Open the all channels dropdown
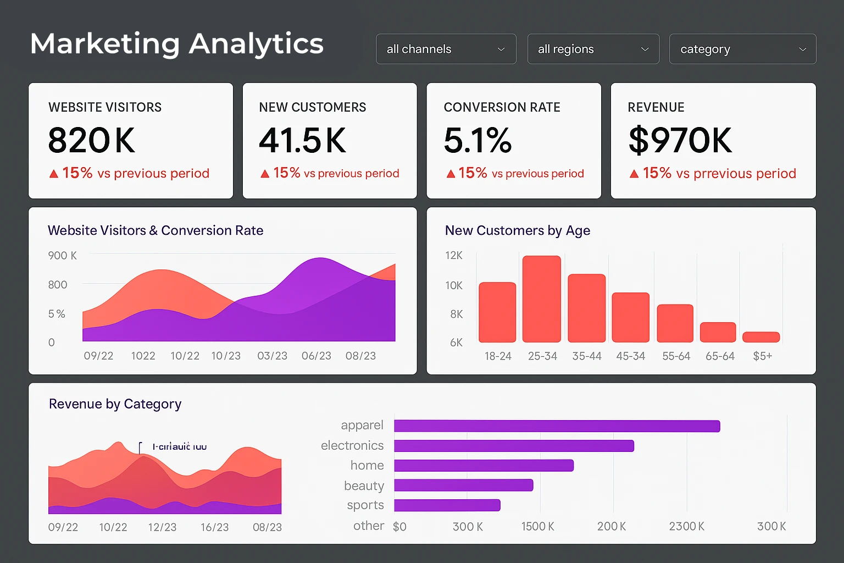[446, 49]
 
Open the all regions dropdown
[593, 49]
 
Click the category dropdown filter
[742, 49]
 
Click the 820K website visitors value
[91, 140]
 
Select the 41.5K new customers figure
[302, 140]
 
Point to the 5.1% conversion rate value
[477, 140]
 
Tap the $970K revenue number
[680, 140]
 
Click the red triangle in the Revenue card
[634, 174]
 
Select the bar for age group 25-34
[542, 299]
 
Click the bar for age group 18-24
[497, 312]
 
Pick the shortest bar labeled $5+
[761, 337]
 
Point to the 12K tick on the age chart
[454, 256]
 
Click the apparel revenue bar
[557, 426]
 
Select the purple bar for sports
[447, 505]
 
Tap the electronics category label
[352, 445]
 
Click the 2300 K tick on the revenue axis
[686, 526]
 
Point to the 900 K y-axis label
[62, 256]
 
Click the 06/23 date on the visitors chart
[316, 356]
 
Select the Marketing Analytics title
[177, 44]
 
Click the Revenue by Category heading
[115, 404]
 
